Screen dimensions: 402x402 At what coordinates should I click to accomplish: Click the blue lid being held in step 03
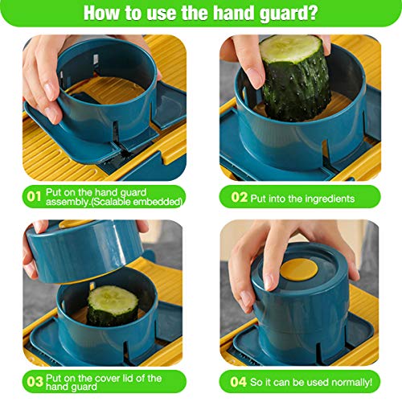pos(84,249)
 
